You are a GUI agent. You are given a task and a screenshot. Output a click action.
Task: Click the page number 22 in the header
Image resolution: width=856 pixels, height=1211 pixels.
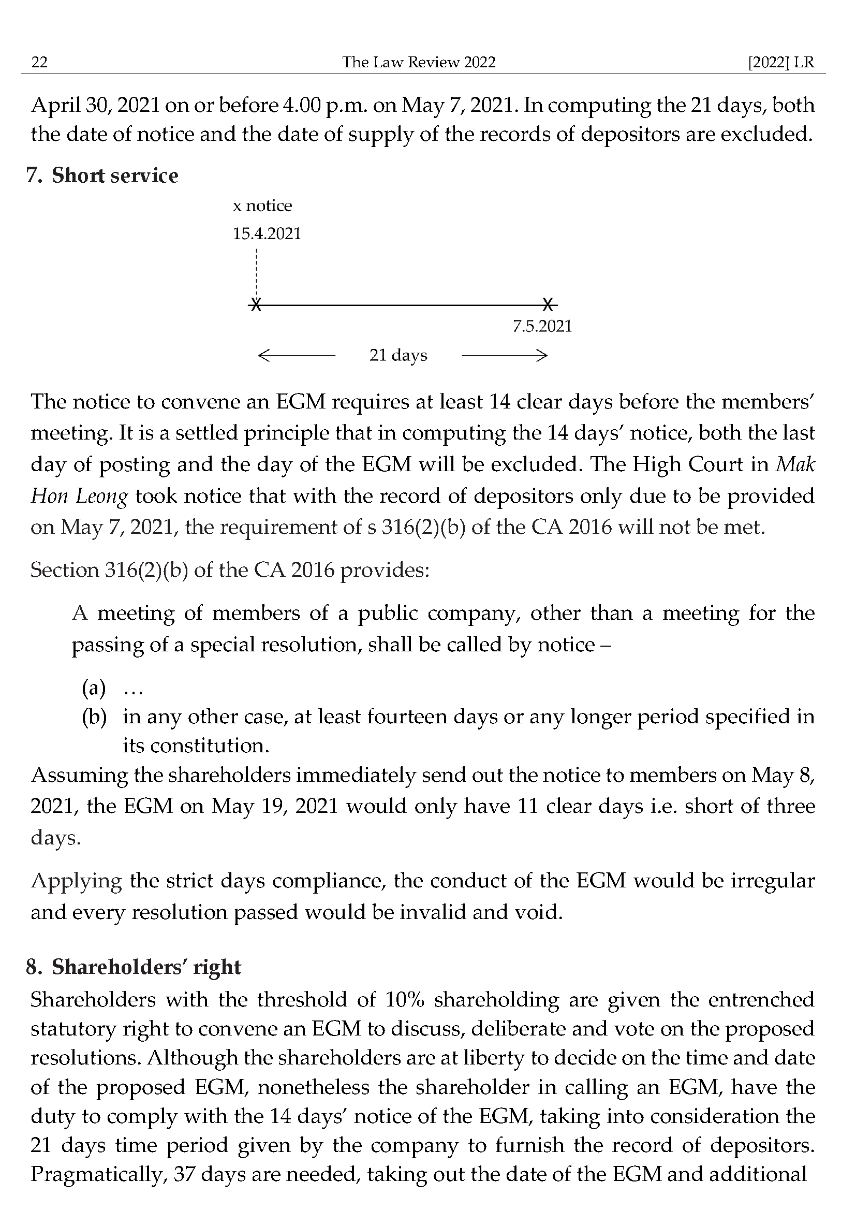pyautogui.click(x=39, y=62)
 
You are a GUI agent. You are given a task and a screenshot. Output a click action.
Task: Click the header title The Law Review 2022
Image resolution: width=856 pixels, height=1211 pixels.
pyautogui.click(x=419, y=62)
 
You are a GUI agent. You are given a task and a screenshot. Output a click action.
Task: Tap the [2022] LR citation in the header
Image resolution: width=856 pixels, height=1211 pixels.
pyautogui.click(x=781, y=62)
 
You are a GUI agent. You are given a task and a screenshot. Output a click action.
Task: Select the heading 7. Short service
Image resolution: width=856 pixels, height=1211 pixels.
pyautogui.click(x=102, y=175)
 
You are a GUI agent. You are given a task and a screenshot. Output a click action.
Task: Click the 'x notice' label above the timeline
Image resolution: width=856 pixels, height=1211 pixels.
pyautogui.click(x=262, y=206)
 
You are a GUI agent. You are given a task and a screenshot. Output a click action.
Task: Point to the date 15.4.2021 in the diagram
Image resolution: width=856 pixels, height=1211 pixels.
pyautogui.click(x=267, y=234)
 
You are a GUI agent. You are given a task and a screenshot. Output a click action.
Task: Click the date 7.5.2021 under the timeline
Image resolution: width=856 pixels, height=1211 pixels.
pyautogui.click(x=542, y=327)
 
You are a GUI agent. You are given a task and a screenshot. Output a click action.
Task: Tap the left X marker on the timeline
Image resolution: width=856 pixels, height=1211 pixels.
pyautogui.click(x=256, y=305)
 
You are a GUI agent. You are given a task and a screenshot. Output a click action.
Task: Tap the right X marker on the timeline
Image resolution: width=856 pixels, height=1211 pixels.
pyautogui.click(x=548, y=304)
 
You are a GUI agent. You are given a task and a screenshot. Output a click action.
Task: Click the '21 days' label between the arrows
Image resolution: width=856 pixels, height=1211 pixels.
pyautogui.click(x=398, y=356)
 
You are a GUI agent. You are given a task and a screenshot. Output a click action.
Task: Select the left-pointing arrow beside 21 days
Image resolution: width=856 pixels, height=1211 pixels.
pyautogui.click(x=296, y=356)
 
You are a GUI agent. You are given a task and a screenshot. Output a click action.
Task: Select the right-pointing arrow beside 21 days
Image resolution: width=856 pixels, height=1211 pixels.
pyautogui.click(x=505, y=356)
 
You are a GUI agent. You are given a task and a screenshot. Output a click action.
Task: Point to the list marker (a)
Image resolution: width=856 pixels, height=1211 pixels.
pyautogui.click(x=94, y=688)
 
